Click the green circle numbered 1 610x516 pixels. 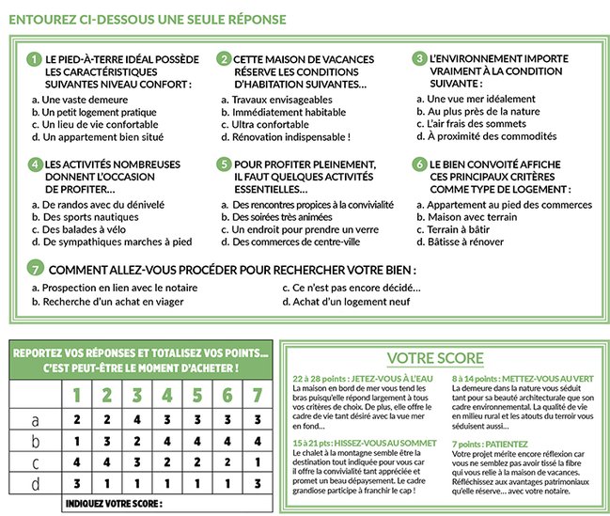(x=35, y=58)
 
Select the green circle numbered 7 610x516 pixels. (x=36, y=267)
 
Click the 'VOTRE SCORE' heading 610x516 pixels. (x=436, y=358)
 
